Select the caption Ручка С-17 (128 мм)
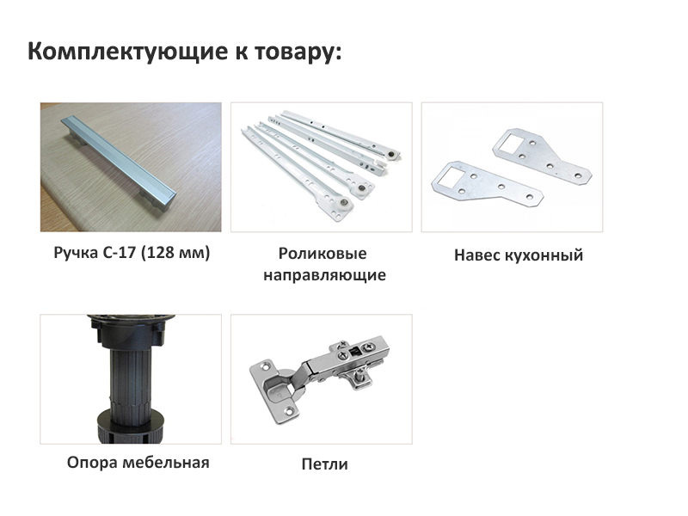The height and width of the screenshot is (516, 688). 132,253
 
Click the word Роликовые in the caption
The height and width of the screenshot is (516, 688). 322,253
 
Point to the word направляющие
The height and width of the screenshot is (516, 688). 325,275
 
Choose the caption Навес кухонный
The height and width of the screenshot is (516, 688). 519,255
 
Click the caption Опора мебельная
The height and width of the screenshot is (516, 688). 138,463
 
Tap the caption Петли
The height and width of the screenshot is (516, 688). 325,464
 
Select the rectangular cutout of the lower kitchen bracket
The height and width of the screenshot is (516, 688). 449,175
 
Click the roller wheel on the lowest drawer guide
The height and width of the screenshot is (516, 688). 344,203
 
